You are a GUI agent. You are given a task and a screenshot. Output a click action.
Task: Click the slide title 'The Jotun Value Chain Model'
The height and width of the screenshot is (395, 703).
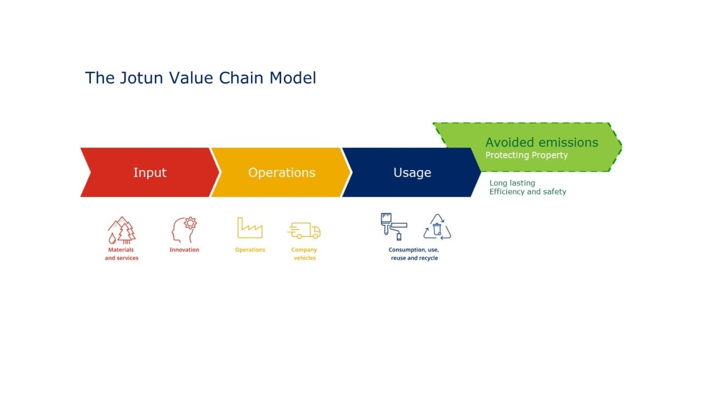coord(200,78)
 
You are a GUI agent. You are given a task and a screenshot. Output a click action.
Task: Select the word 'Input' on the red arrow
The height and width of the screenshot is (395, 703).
coord(149,172)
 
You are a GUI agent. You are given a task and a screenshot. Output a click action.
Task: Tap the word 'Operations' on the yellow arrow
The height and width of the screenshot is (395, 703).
coord(281,172)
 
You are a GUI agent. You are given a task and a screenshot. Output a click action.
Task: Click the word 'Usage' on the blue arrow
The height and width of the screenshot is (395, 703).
coord(412,172)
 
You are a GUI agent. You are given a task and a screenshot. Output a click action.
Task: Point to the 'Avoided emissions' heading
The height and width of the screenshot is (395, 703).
coord(542,142)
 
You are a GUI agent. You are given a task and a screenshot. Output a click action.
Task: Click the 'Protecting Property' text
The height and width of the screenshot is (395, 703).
coord(526,155)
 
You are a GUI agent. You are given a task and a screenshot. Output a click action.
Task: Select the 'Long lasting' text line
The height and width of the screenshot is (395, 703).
coord(512,183)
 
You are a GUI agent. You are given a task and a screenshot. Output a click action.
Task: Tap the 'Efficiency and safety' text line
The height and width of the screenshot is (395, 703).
coord(527,192)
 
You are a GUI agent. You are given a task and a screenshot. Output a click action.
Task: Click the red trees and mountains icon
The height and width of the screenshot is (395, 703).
coord(121,230)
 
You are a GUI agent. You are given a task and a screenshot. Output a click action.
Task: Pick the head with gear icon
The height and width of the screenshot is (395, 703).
coord(184,230)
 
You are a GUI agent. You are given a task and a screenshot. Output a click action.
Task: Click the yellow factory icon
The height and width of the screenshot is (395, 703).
coord(250,228)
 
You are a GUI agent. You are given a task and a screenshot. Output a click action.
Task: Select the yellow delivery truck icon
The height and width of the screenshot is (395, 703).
coord(304,230)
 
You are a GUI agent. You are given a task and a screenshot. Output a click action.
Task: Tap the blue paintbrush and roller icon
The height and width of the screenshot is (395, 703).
coord(394,227)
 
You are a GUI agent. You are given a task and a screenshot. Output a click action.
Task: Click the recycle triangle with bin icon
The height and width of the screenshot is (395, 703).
coord(437,227)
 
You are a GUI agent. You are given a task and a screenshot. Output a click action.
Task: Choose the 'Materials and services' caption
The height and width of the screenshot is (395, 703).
coord(121,254)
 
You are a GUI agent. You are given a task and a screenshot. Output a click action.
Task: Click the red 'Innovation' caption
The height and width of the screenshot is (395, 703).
coord(184,250)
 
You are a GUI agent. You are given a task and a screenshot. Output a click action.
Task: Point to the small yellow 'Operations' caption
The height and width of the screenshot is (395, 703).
coord(250,250)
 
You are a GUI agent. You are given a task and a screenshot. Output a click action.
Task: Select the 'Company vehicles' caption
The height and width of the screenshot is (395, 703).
coord(304,254)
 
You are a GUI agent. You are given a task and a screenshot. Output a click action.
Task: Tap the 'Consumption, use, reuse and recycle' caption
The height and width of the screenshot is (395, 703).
coord(414,254)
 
